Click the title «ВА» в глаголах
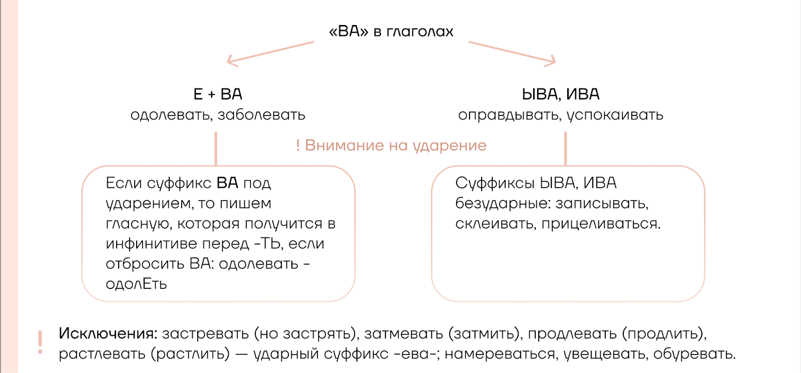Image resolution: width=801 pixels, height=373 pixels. [x=391, y=31]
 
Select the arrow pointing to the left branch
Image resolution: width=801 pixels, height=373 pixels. [x=270, y=53]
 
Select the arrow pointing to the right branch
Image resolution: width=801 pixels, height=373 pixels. [x=512, y=53]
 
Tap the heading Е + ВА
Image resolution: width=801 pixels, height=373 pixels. [x=218, y=94]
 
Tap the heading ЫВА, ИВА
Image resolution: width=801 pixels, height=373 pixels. [x=560, y=94]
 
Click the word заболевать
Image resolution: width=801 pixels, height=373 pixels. [x=261, y=115]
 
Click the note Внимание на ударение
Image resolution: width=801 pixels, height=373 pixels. [x=395, y=146]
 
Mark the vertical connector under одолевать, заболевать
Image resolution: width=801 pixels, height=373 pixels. [x=216, y=148]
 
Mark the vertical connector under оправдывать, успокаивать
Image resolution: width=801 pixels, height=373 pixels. [x=565, y=148]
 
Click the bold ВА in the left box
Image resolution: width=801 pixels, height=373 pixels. [x=227, y=183]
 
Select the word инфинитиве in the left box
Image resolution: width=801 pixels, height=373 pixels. [x=151, y=244]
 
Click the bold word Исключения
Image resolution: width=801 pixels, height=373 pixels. [x=108, y=333]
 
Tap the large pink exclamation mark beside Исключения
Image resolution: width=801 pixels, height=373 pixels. [x=40, y=342]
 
